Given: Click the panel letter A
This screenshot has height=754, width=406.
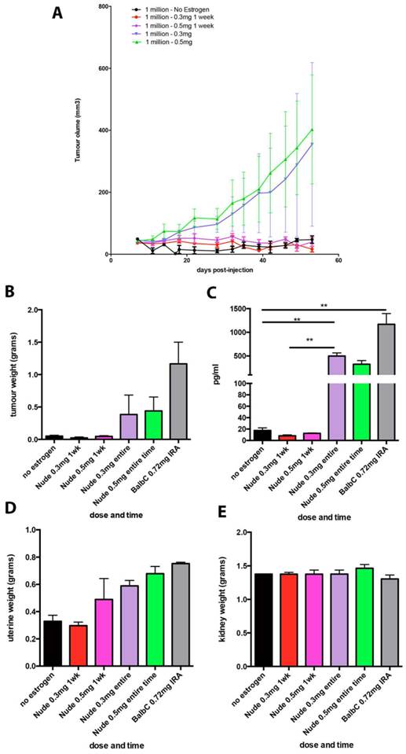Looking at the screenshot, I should pyautogui.click(x=57, y=13).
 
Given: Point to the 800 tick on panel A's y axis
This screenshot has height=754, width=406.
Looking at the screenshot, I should pyautogui.click(x=102, y=6).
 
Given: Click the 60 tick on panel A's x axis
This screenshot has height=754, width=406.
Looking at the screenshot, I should pyautogui.click(x=338, y=261).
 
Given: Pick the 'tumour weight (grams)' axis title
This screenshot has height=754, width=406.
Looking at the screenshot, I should pyautogui.click(x=12, y=363).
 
